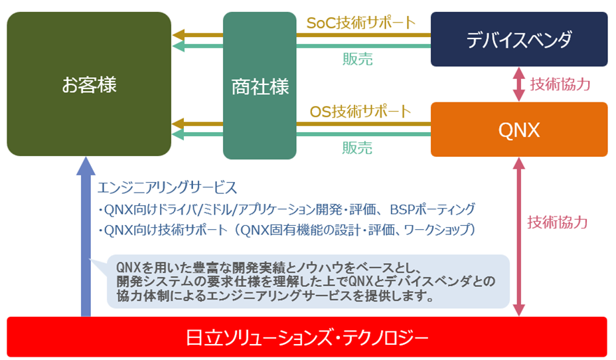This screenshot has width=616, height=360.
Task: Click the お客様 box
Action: [89, 84]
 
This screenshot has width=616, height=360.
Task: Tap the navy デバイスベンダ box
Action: [518, 39]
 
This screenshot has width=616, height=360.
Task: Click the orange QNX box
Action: [518, 130]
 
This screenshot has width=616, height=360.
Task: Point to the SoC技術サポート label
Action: [360, 22]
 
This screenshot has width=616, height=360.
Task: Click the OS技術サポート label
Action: [360, 111]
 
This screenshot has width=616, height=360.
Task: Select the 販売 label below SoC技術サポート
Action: [358, 59]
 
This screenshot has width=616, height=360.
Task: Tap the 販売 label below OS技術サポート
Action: [358, 147]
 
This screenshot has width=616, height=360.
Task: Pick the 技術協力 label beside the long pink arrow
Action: [558, 222]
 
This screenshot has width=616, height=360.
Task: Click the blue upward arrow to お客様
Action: [85, 239]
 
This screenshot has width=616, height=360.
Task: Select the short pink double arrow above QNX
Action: [519, 84]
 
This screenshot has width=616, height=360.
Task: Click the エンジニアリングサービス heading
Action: [167, 187]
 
